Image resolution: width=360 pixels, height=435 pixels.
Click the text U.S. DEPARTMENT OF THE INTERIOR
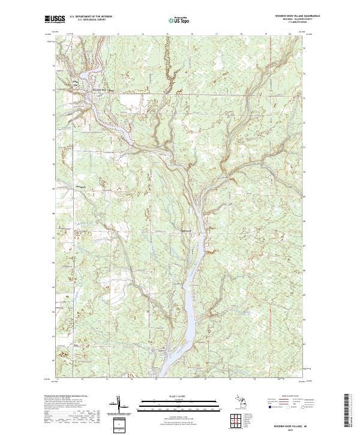coord(91,16)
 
